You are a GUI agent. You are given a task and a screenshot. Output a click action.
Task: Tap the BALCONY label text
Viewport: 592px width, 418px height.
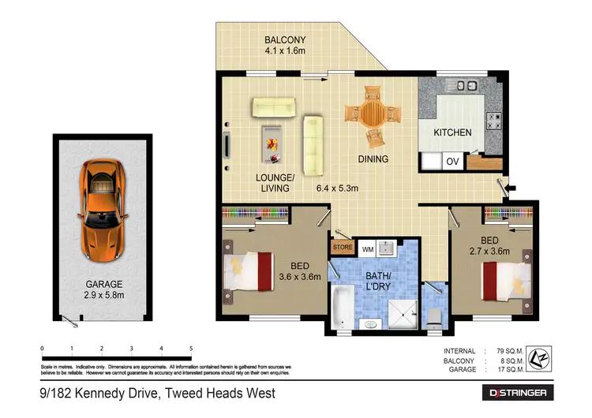tap(286, 39)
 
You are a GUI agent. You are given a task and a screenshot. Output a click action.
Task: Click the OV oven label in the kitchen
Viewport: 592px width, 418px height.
tap(453, 162)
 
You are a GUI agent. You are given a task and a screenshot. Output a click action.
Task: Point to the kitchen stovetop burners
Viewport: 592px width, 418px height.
tap(496, 121)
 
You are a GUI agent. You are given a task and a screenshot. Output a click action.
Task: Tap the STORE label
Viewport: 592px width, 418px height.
tap(343, 248)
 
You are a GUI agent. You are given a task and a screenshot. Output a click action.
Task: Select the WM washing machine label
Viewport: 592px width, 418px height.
tap(367, 249)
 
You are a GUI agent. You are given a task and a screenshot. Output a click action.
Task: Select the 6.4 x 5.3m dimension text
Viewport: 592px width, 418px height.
tap(338, 188)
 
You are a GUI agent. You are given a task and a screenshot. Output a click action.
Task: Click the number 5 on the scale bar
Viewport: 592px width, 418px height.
tap(191, 348)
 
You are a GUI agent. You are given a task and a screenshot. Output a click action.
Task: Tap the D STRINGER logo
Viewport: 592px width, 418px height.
tap(518, 392)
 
